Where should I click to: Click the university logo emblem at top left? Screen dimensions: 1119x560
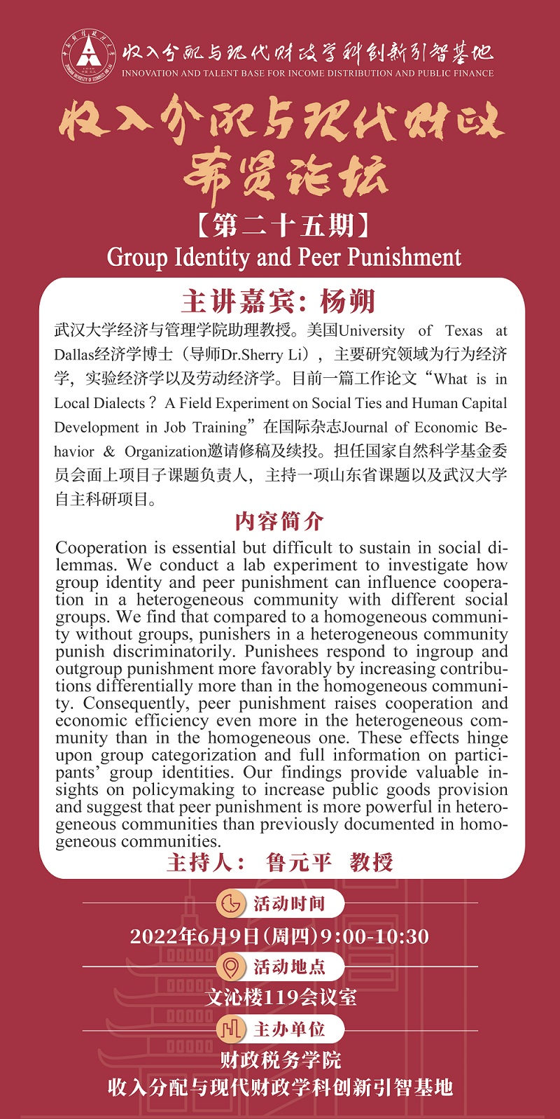coord(88,54)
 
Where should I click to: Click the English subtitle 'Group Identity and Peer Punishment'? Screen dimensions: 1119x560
coord(283,258)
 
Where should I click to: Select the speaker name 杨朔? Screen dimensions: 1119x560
coord(348,301)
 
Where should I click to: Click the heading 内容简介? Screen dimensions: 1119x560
coord(279,521)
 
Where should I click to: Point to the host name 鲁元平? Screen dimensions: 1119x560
coord(299,862)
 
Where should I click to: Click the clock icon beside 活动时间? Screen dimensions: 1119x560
coord(230,903)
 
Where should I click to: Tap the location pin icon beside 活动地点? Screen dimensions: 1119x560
coord(230,967)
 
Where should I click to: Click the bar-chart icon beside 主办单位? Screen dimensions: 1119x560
coord(230,1029)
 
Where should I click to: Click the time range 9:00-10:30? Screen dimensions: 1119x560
coord(374,936)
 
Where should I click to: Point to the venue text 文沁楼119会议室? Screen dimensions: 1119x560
coord(281,997)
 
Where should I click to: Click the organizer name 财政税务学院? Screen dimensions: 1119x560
coord(281,1060)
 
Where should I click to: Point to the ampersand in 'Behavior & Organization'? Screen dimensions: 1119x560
coord(108,451)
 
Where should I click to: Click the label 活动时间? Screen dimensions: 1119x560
coord(289,903)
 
